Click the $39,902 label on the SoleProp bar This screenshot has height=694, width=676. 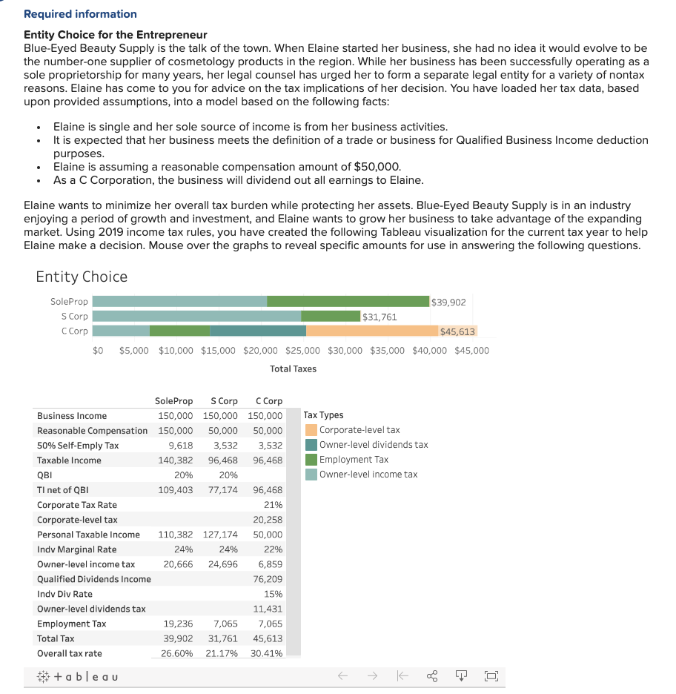pyautogui.click(x=448, y=302)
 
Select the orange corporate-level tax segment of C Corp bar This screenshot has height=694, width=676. pyautogui.click(x=371, y=331)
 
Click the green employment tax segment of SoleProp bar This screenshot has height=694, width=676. pyautogui.click(x=348, y=302)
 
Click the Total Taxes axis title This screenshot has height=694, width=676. pyautogui.click(x=293, y=369)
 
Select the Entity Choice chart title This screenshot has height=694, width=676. pyautogui.click(x=82, y=277)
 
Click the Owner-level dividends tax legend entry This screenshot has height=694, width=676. pyautogui.click(x=373, y=445)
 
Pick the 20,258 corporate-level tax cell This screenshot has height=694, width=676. pyautogui.click(x=268, y=520)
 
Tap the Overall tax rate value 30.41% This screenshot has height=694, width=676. pyautogui.click(x=266, y=653)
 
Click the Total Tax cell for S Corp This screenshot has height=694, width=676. pyautogui.click(x=222, y=638)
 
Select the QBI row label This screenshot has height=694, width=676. pyautogui.click(x=44, y=475)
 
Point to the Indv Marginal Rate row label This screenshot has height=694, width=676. pyautogui.click(x=76, y=549)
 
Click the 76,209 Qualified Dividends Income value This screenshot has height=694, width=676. pyautogui.click(x=268, y=579)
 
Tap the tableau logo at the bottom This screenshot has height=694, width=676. pyautogui.click(x=77, y=676)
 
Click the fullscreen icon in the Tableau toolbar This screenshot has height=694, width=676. pyautogui.click(x=491, y=676)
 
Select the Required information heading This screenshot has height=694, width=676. pyautogui.click(x=80, y=14)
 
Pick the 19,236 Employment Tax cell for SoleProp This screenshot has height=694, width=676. pyautogui.click(x=178, y=624)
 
